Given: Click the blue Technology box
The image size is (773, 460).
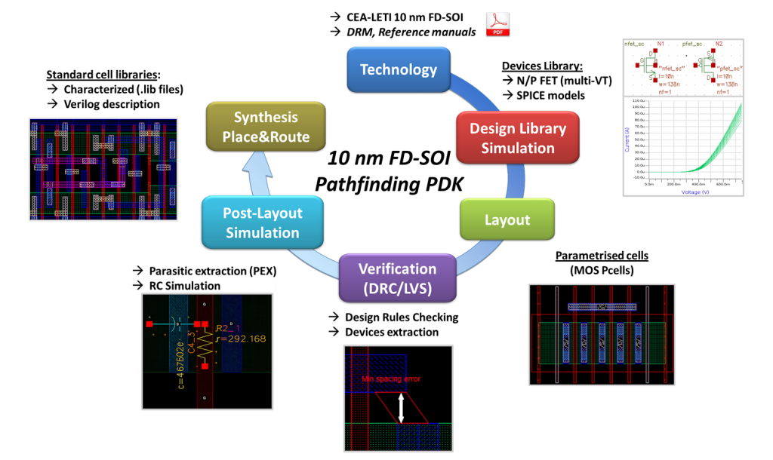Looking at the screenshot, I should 398,69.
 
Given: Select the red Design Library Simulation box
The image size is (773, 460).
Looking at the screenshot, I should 517,138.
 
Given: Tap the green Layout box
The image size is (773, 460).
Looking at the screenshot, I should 507,219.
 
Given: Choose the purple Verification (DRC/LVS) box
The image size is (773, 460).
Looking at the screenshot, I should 397,278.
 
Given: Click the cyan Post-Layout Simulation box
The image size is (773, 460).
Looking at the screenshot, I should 262,222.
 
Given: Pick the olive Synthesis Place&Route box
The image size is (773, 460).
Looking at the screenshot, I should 265,127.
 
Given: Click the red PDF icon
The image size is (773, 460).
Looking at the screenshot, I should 497,24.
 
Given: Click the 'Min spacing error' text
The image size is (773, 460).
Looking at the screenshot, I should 391,379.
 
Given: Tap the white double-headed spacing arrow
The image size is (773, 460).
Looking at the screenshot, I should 402,408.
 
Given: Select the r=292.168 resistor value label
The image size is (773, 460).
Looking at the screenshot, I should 241,339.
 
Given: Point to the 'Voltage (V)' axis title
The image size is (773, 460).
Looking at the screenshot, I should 685,192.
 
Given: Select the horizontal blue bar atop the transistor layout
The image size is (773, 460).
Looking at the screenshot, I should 602,307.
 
